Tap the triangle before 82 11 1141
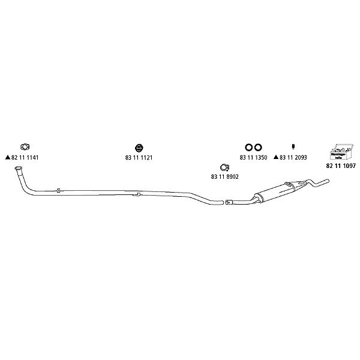(x=7, y=157)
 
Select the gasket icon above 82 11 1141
(x=26, y=146)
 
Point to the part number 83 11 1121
(x=139, y=157)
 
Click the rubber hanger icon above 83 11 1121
(x=139, y=147)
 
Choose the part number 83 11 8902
(x=225, y=176)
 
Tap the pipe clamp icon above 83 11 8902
(x=224, y=167)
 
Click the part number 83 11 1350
(x=252, y=157)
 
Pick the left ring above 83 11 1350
(x=248, y=147)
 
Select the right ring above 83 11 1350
(x=258, y=147)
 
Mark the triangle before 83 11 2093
(x=275, y=157)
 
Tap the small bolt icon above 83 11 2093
(x=293, y=147)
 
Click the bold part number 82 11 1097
(x=341, y=164)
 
